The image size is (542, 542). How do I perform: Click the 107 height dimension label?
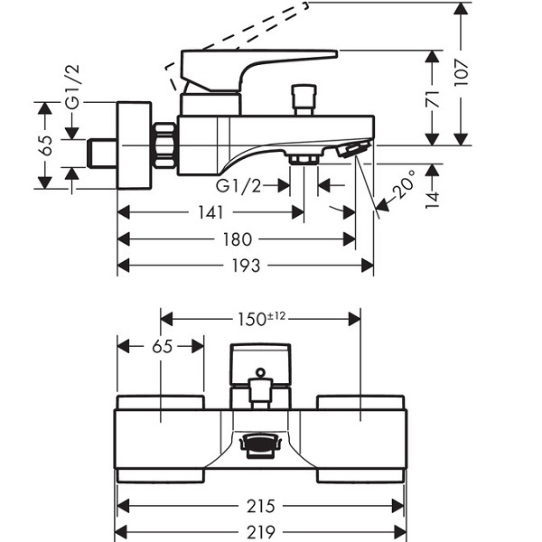[x=462, y=72]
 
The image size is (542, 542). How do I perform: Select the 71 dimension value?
[x=433, y=99]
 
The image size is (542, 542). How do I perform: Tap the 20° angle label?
[x=404, y=185]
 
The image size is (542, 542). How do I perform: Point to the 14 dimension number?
[x=433, y=201]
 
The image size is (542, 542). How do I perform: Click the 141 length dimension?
[x=210, y=212]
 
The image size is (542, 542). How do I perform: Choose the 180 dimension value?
[x=237, y=239]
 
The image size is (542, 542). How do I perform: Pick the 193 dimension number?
[x=246, y=266]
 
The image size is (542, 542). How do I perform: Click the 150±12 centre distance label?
[x=261, y=319]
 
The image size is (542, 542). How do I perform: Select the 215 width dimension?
[x=261, y=507]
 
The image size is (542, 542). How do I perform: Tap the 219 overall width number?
[x=261, y=532]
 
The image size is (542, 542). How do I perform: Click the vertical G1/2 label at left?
[x=73, y=87]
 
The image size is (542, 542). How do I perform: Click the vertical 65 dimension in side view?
[x=46, y=145]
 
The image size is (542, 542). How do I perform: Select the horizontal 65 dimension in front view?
[x=162, y=346]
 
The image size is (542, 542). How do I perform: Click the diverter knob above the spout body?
[x=304, y=100]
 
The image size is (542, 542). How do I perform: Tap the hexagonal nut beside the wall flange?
[x=164, y=145]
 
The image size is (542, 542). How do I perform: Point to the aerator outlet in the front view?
[x=261, y=446]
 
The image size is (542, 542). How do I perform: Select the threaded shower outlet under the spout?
[x=304, y=160]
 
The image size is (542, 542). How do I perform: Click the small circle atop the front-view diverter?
[x=261, y=372]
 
